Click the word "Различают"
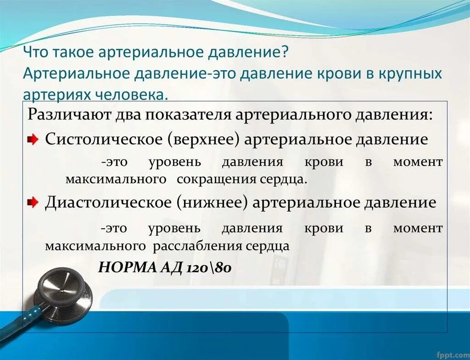(x=65, y=114)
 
